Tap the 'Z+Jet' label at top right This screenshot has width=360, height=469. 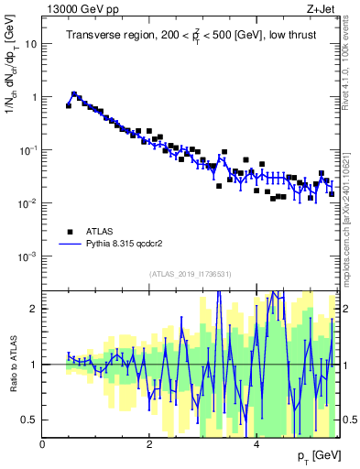[322, 10]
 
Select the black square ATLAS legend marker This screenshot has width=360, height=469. [69, 231]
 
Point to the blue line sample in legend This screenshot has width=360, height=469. [69, 245]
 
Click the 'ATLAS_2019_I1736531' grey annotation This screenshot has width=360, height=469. [190, 274]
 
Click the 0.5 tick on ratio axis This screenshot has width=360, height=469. [28, 420]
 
